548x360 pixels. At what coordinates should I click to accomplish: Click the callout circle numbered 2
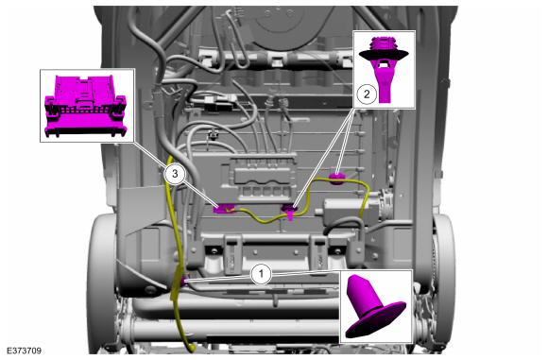point(367,94)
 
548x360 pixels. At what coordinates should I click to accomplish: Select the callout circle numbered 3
point(174,174)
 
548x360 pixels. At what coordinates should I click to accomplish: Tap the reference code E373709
point(27,350)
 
